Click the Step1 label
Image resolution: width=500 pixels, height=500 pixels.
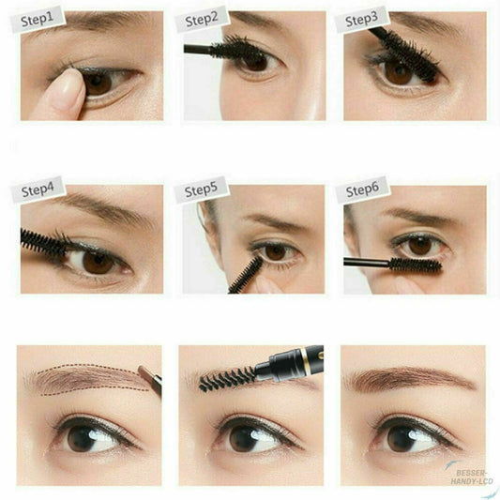[x=38, y=19]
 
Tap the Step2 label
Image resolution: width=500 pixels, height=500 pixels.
[x=202, y=19]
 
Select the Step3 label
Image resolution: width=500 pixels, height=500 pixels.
[x=362, y=19]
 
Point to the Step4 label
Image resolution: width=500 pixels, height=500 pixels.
[x=38, y=190]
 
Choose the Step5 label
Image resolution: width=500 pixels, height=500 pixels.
[x=201, y=190]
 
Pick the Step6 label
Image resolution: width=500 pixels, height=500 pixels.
[x=362, y=190]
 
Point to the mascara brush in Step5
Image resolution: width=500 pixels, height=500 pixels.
[x=246, y=275]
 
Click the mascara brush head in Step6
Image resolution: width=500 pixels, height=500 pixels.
[x=416, y=265]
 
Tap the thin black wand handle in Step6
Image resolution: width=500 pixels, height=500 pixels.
[x=367, y=263]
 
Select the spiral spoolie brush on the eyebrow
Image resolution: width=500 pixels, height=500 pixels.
[x=227, y=379]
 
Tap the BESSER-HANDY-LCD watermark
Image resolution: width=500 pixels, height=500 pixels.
[x=472, y=477]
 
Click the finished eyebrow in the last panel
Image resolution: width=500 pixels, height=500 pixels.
[x=410, y=378]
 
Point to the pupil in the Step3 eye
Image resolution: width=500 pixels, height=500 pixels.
[x=398, y=73]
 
